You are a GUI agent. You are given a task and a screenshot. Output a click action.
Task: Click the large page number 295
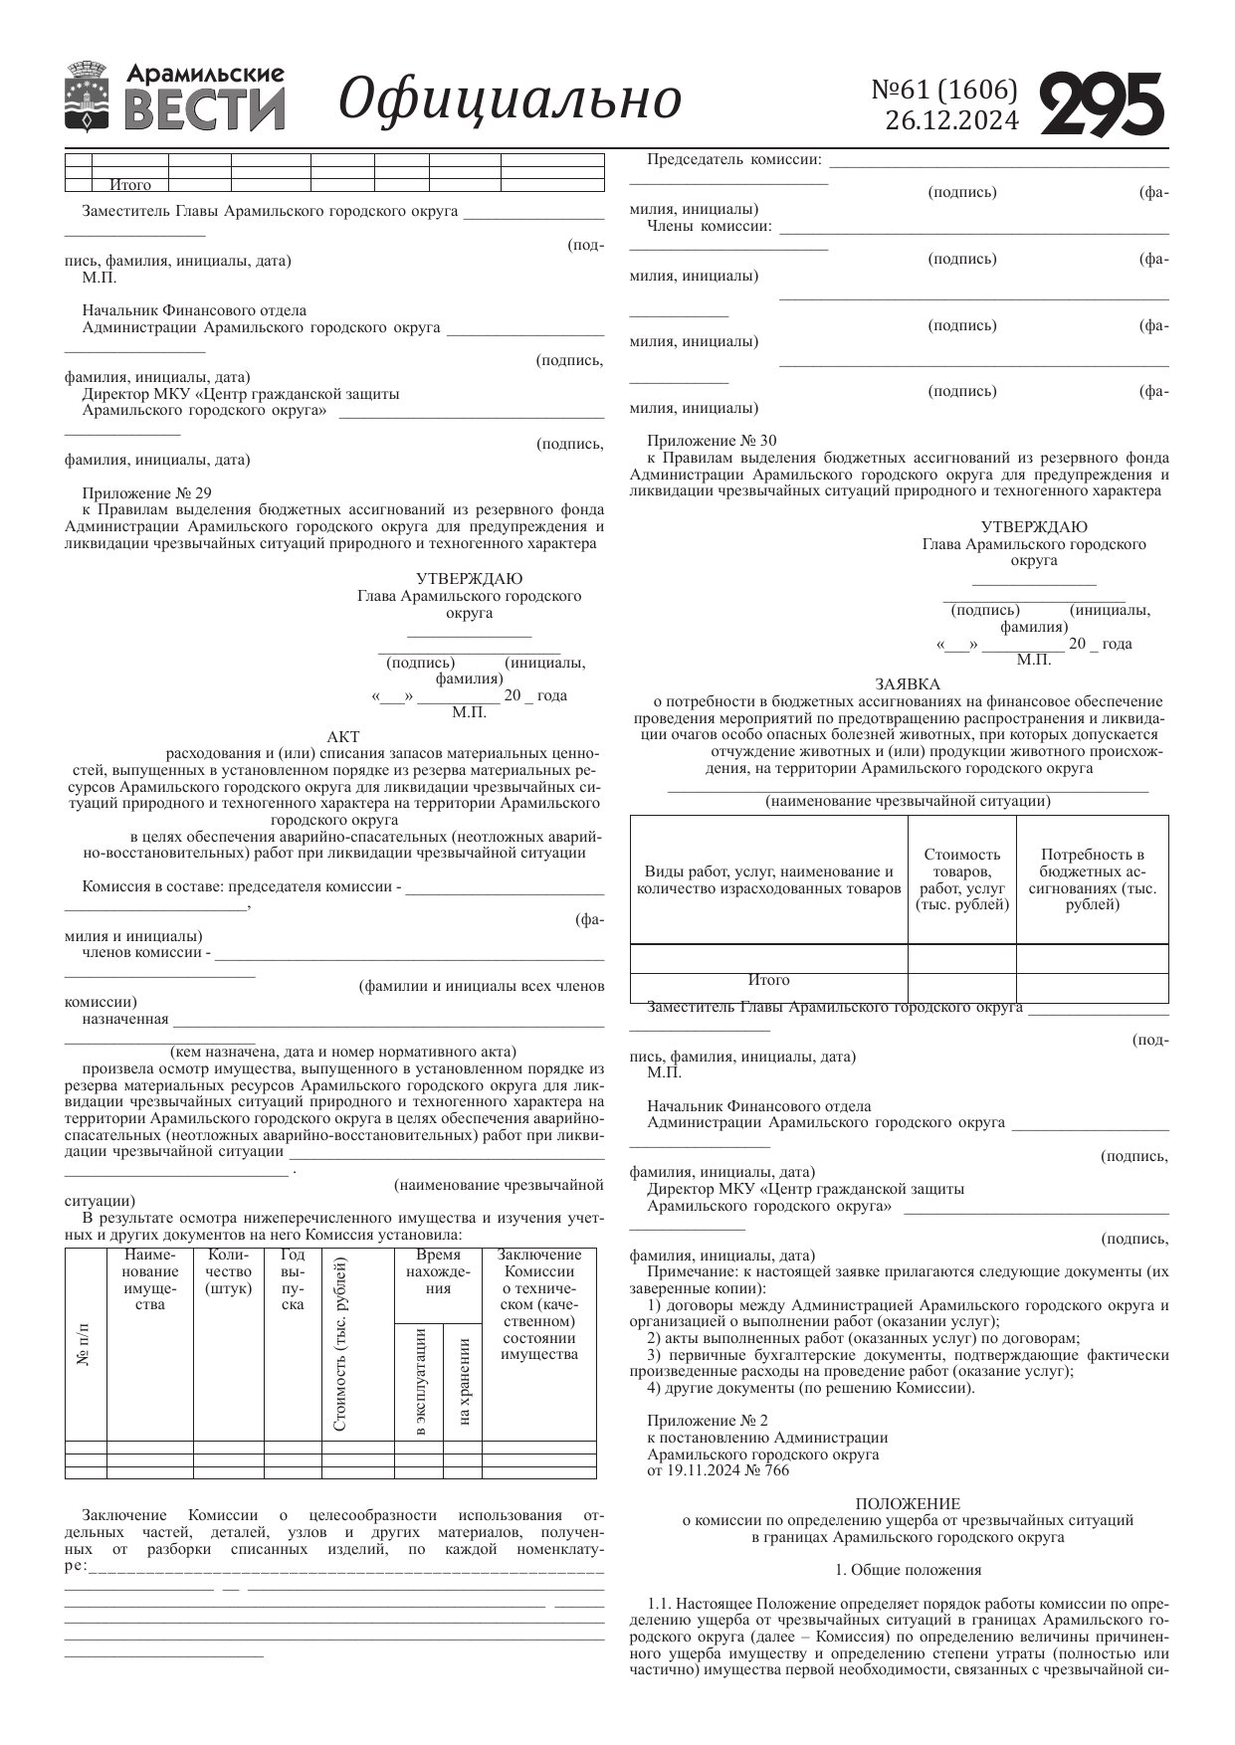coord(1102,103)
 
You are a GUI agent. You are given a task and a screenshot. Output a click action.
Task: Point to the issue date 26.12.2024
coord(951,121)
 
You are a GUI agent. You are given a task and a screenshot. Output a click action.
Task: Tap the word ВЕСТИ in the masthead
coord(205,110)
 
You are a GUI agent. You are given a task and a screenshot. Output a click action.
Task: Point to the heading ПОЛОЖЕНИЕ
coord(908,1503)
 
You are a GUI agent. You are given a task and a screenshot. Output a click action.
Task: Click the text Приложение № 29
coord(147,492)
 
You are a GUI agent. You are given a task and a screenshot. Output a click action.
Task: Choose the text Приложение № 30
coord(712,441)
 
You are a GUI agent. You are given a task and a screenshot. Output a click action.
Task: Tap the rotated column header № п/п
coord(86,1344)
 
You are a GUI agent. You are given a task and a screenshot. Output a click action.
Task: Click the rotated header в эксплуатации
coord(419,1382)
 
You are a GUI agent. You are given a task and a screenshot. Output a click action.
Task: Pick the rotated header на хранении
coord(463,1382)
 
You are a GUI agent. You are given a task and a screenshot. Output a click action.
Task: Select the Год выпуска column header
coord(293,1279)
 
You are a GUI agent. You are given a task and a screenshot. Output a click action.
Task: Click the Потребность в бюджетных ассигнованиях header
coord(1092,879)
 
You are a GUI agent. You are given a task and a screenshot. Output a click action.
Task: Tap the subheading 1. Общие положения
coord(908,1570)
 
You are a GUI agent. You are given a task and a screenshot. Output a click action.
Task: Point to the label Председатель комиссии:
coord(734,159)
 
